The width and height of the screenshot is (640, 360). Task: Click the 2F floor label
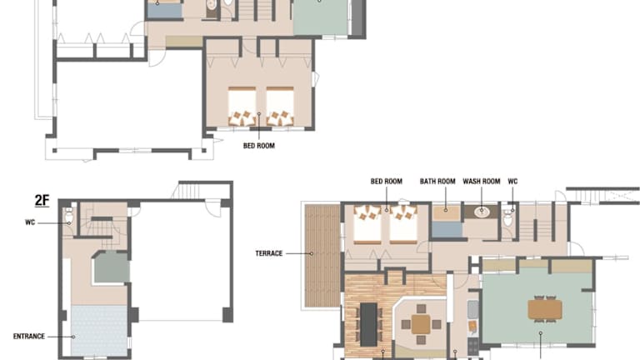(x=42, y=200)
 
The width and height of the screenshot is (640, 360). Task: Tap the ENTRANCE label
(x=29, y=337)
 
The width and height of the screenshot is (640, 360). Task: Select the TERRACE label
(x=269, y=253)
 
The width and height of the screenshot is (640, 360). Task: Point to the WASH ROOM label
(x=482, y=181)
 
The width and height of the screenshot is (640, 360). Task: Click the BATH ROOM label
(x=437, y=181)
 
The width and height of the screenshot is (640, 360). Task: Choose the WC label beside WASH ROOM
(x=512, y=181)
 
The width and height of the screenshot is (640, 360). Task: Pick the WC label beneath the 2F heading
(x=30, y=222)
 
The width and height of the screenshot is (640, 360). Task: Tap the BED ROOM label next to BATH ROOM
(x=387, y=181)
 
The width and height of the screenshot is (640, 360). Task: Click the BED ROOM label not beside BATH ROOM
(x=259, y=146)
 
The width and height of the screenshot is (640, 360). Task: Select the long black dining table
(x=368, y=323)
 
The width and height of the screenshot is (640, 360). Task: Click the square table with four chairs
(x=421, y=324)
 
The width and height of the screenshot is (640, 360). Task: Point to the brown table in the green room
(x=545, y=309)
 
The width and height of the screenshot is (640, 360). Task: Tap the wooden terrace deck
(x=322, y=256)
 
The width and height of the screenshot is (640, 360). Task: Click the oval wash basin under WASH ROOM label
(x=482, y=212)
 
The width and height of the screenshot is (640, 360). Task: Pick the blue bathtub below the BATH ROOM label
(x=447, y=229)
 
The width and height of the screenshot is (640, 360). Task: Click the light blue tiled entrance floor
(x=99, y=331)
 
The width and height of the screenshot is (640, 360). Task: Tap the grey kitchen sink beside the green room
(x=472, y=310)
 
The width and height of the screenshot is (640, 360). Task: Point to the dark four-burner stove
(x=472, y=346)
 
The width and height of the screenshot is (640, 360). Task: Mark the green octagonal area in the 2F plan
(x=112, y=267)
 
